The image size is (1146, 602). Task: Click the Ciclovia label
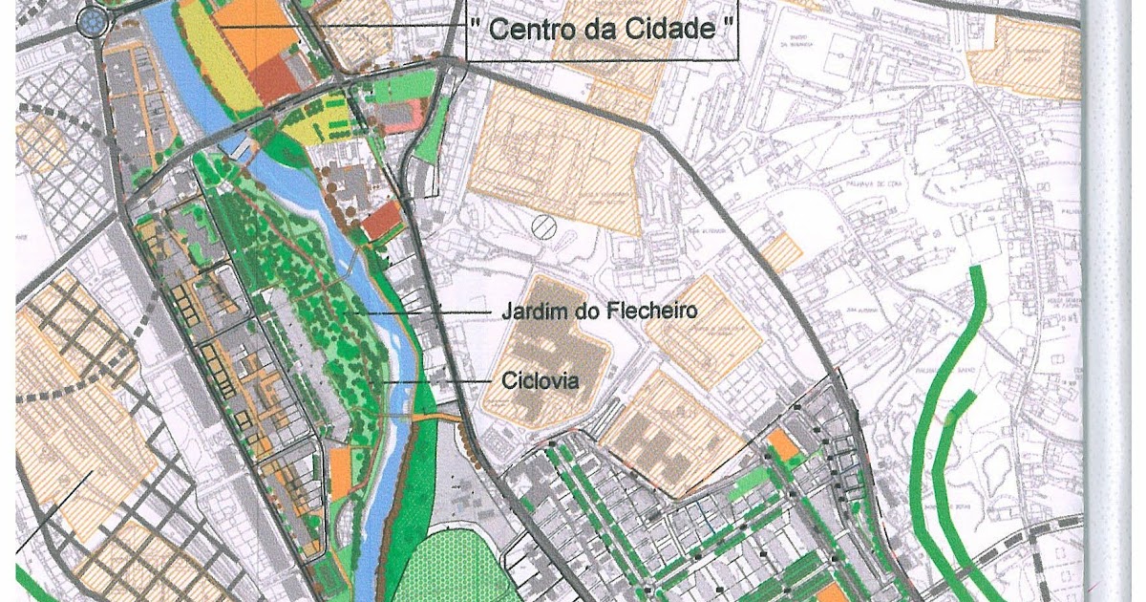coord(541,381)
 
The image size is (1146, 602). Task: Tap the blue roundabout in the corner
coord(93,19)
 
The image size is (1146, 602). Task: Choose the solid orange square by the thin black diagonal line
coord(782,444)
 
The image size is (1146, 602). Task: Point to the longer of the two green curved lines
coord(941,430)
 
